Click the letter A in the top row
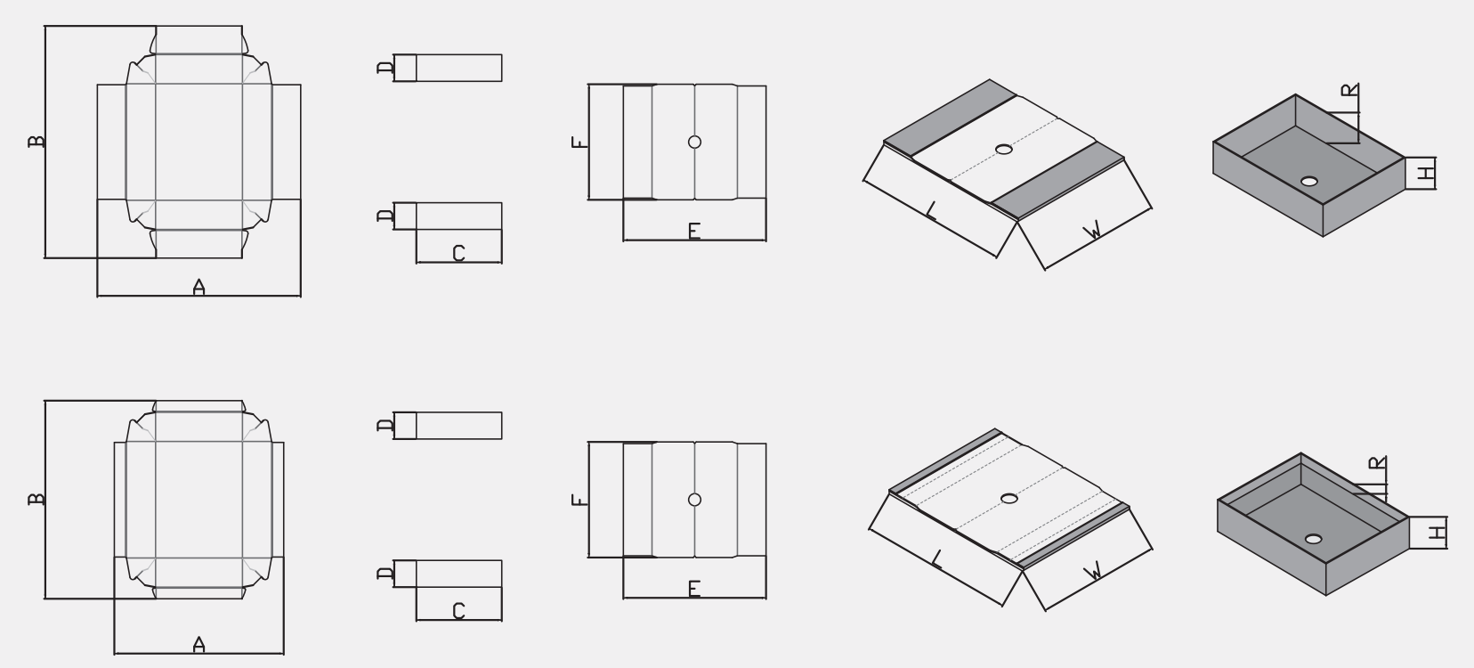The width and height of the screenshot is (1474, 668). tap(198, 287)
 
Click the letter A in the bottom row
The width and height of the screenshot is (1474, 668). tap(198, 644)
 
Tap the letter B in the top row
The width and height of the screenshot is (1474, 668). tap(36, 141)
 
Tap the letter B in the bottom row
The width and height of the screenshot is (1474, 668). tap(36, 499)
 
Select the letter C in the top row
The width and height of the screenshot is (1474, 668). tap(458, 253)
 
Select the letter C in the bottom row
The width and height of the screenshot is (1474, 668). tap(458, 611)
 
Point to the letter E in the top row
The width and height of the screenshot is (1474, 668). tap(693, 231)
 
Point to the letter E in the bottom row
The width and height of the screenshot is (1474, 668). tap(693, 589)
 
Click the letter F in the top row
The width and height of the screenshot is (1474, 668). tap(579, 142)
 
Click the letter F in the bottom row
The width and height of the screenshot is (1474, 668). tap(579, 500)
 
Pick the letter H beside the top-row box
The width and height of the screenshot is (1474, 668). tap(1425, 174)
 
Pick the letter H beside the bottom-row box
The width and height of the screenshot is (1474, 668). tap(1437, 532)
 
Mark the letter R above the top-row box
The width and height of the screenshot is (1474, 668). tap(1349, 90)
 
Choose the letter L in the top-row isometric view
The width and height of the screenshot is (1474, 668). tap(931, 211)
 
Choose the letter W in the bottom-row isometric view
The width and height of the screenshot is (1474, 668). tap(1093, 571)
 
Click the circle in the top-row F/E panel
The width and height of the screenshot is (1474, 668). tap(694, 142)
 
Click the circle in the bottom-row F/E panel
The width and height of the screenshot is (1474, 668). tap(694, 500)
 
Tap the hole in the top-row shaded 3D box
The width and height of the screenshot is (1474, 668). tap(1308, 181)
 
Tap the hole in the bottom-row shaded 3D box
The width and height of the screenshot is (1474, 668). tap(1314, 539)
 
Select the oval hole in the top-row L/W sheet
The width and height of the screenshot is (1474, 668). tap(1003, 150)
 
